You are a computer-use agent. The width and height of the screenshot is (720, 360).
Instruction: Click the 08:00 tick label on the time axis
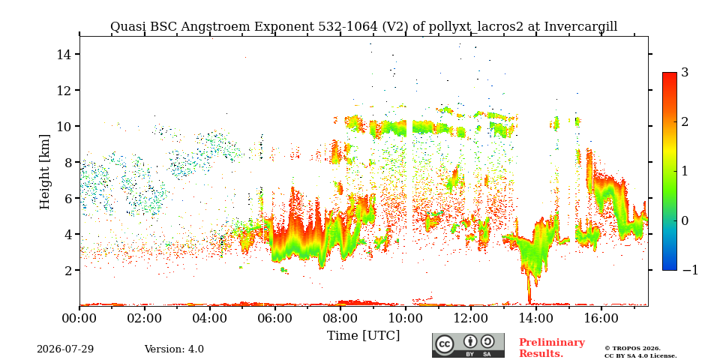340,318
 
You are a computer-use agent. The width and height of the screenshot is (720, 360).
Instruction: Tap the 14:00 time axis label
535,318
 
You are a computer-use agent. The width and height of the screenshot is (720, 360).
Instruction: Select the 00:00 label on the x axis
80,318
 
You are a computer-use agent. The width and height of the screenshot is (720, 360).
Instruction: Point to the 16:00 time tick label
601,318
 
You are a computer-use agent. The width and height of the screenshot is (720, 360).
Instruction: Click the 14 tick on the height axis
63,54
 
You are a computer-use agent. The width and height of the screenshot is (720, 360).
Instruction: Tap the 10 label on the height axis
63,126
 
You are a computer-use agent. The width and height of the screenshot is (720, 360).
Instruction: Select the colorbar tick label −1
690,270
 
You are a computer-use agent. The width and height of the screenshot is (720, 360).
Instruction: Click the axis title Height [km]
44,172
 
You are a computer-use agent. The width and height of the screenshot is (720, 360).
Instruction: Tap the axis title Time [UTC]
363,336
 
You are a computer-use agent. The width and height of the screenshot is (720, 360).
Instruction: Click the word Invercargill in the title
580,27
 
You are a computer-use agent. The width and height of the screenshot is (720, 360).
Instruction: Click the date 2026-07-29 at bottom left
65,349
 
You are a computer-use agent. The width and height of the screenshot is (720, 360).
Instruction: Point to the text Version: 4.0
174,349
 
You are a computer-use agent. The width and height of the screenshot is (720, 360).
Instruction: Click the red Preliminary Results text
552,348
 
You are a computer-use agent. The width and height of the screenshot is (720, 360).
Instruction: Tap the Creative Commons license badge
468,345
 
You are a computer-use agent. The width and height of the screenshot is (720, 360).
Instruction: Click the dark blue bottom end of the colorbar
670,268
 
